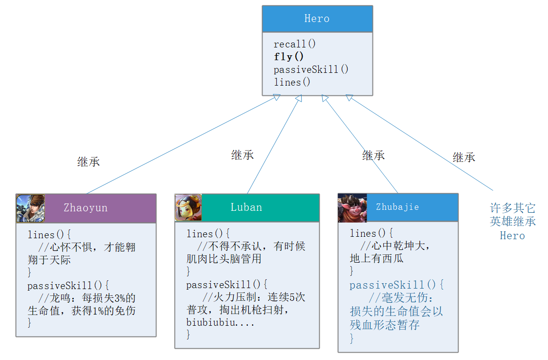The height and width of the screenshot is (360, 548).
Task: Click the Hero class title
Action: [x=317, y=19]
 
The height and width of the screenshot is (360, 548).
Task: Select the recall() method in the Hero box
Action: [x=295, y=44]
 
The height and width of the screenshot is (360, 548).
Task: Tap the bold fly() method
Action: [x=289, y=57]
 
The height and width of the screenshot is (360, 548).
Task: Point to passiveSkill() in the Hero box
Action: [x=311, y=69]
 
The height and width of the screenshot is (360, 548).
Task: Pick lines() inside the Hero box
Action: [x=292, y=82]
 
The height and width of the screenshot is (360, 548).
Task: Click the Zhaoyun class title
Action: [x=86, y=208]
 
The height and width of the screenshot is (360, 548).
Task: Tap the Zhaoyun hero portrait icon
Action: [x=30, y=208]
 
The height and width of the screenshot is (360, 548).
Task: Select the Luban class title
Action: [x=246, y=207]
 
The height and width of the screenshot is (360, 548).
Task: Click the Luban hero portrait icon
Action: [x=188, y=207]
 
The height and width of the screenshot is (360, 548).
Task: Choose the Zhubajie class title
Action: [x=397, y=207]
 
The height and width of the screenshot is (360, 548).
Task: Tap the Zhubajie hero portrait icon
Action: [x=352, y=208]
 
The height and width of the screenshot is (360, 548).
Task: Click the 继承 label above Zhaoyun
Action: [x=88, y=162]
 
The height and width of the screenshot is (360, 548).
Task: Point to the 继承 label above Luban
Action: [x=242, y=155]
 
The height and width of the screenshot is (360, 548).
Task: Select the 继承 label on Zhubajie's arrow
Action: [x=373, y=156]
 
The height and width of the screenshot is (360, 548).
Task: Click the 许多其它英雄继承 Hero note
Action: [x=513, y=222]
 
